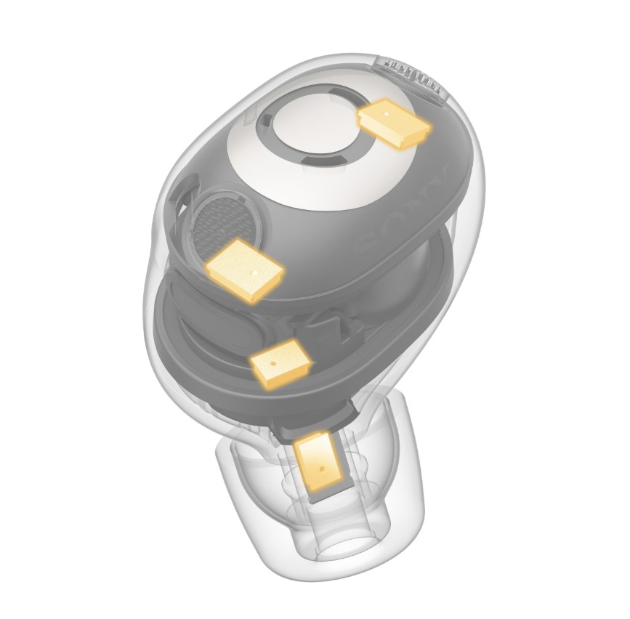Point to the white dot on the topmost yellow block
click(x=386, y=113)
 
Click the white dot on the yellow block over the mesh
click(x=254, y=272)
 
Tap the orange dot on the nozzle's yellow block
click(x=321, y=469)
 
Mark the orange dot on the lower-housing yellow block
click(x=272, y=363)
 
